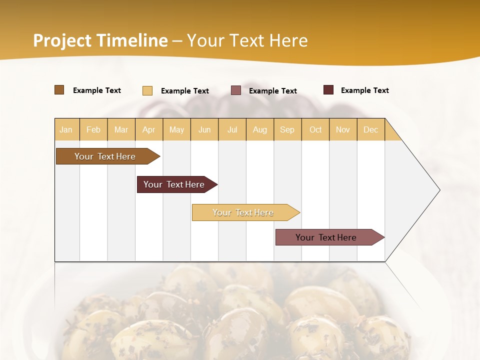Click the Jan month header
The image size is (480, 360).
click(x=66, y=129)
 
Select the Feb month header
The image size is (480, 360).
click(x=93, y=129)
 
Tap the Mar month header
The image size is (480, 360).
click(x=121, y=129)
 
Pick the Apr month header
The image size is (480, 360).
click(x=148, y=129)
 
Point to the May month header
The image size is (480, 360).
click(x=176, y=129)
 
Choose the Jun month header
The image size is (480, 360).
click(x=204, y=129)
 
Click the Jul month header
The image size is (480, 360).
click(x=232, y=129)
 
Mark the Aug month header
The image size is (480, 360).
click(x=260, y=129)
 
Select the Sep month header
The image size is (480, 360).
click(x=287, y=129)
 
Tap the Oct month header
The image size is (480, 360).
click(x=315, y=129)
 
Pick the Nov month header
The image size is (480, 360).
click(x=343, y=129)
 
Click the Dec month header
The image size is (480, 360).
click(x=371, y=129)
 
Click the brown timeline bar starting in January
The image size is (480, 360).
click(x=105, y=156)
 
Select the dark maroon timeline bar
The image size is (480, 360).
click(x=174, y=184)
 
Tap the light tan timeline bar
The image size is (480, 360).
click(x=243, y=212)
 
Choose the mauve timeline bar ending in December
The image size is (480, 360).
click(x=326, y=237)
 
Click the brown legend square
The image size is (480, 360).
click(x=59, y=90)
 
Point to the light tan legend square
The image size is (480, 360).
click(x=147, y=90)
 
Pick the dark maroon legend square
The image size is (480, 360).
click(x=328, y=90)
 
